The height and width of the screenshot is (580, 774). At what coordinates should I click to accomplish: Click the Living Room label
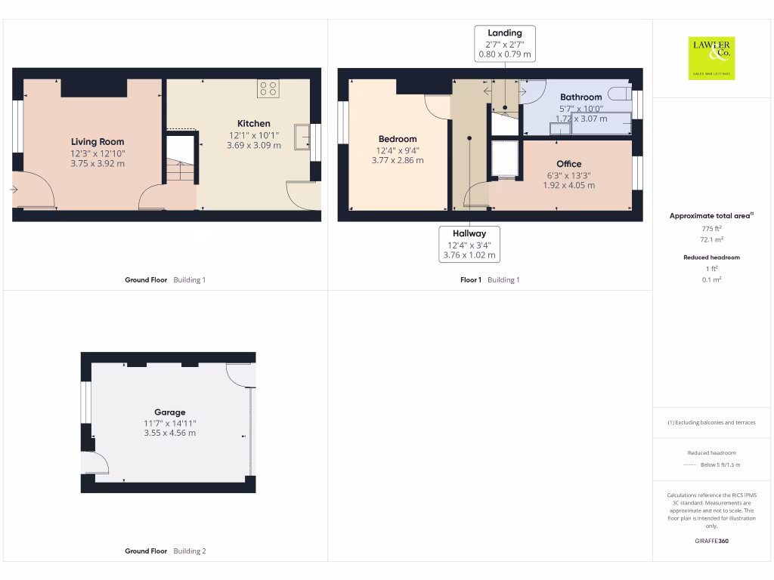pos(98,141)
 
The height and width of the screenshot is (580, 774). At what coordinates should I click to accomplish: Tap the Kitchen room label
pos(253,123)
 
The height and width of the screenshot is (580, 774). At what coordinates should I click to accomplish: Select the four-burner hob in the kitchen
pos(268,89)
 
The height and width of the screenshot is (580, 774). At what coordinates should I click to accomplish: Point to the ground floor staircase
pos(181,171)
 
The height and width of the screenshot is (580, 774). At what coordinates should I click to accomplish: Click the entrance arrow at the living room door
pos(14,190)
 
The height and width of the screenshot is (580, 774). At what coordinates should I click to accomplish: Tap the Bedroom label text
pos(398,139)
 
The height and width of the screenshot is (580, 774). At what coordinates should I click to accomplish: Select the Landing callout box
pos(504,43)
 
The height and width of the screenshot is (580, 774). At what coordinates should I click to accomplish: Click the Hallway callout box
pos(469,244)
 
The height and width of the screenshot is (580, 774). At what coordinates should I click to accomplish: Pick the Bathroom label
pos(580,97)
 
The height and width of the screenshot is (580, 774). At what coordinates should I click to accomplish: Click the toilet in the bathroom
pos(620,94)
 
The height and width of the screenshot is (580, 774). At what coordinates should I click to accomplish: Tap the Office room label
pos(568,164)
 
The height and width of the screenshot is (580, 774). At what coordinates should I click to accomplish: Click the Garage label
pos(170,412)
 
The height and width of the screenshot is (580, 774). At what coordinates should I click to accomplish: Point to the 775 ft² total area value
pos(711,228)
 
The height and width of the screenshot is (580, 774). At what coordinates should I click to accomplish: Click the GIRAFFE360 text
pos(711,541)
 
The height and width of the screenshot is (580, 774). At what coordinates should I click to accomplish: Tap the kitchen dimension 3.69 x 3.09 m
pos(253,145)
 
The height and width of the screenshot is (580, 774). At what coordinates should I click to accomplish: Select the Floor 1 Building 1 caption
pos(490,279)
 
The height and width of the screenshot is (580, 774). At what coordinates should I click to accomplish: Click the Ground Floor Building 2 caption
pos(165,551)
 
